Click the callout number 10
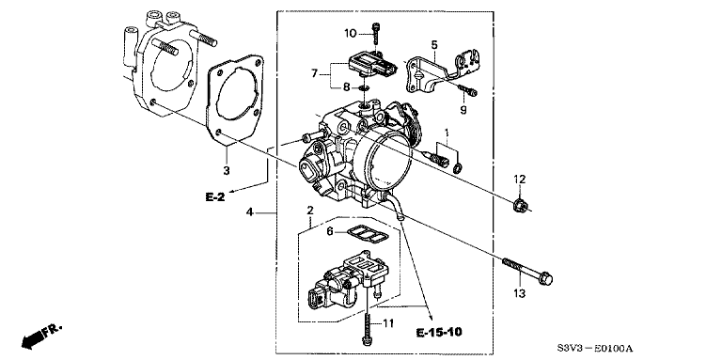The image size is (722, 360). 351,33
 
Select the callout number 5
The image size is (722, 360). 434,45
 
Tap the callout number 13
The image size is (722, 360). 520,292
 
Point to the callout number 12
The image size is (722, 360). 520,180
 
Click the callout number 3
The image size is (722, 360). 226,170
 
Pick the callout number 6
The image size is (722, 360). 330,231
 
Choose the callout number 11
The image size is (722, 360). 388,324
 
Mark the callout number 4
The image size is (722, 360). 249,212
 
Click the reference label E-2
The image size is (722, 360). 215,197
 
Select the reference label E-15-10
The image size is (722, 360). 439,332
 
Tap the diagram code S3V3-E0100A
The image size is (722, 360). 595,349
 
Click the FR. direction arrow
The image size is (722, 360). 41,336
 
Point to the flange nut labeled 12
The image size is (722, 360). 519,205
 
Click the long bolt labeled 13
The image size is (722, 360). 527,271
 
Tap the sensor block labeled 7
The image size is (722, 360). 372,64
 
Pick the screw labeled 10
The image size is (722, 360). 376,36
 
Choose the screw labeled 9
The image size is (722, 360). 468,90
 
